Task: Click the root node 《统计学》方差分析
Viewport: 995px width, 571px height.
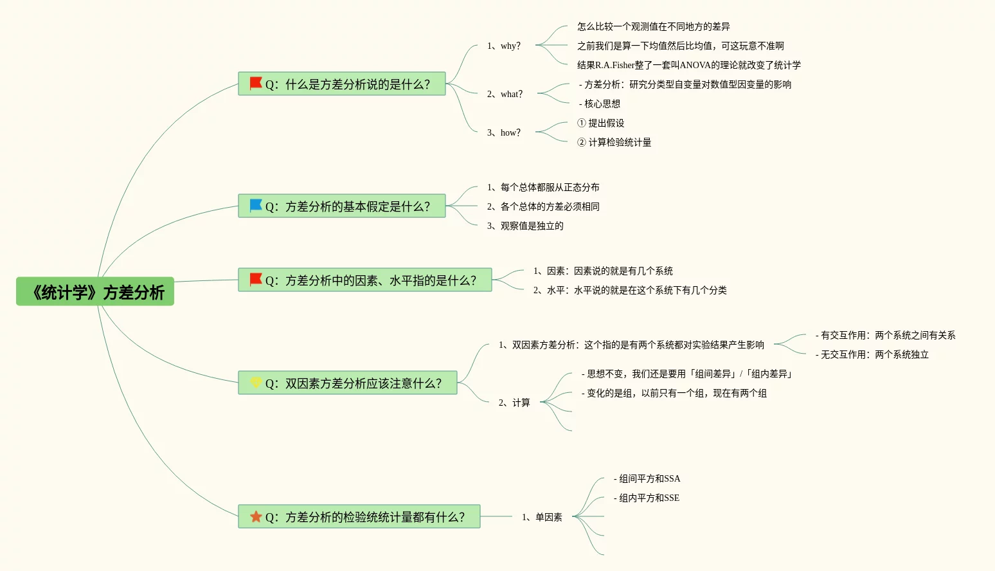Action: (x=95, y=292)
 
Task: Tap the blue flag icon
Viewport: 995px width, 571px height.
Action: (x=256, y=206)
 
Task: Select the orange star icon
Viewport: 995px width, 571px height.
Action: (x=256, y=516)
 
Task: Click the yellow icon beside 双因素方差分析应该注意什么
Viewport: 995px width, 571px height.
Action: (x=256, y=383)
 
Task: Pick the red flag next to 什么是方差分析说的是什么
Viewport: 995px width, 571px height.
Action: (x=256, y=84)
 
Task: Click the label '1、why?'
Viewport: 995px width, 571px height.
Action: (x=504, y=46)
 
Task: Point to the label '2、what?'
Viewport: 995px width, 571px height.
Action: (x=505, y=94)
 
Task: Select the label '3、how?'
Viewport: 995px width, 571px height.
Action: (x=504, y=132)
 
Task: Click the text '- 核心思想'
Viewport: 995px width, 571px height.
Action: (x=600, y=104)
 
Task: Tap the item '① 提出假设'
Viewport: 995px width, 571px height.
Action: (x=601, y=123)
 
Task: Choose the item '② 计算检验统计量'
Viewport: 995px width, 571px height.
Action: (x=614, y=142)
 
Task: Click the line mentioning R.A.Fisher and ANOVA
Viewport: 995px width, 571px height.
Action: (x=689, y=65)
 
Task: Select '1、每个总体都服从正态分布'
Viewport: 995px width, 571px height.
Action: (x=543, y=187)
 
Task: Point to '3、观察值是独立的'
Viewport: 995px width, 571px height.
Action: (x=525, y=226)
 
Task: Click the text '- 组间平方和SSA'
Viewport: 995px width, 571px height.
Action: (x=647, y=478)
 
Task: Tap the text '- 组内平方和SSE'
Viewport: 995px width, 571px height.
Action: (x=647, y=498)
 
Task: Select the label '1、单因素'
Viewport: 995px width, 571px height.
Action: (x=542, y=517)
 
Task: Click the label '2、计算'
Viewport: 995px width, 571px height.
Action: (x=514, y=403)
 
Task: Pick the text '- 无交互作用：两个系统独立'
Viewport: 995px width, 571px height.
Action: (x=872, y=354)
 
